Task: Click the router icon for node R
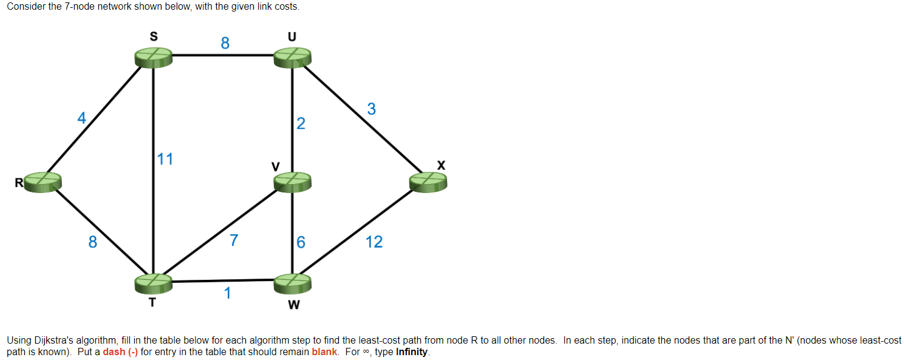(x=43, y=182)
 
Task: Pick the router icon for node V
(x=293, y=181)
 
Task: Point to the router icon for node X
(x=428, y=181)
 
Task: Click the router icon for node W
(x=293, y=282)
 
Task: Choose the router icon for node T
(x=153, y=282)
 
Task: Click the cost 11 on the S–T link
(x=165, y=160)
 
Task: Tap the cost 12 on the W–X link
(x=374, y=242)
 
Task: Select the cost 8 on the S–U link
(x=225, y=43)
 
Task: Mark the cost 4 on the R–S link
(x=81, y=118)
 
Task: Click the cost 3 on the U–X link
(x=372, y=109)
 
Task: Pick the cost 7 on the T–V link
(x=234, y=241)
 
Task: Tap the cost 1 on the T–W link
(x=227, y=294)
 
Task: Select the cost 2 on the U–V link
(x=301, y=124)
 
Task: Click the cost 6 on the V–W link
(x=301, y=242)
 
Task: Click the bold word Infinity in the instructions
(x=412, y=352)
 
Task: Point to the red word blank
(x=324, y=352)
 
